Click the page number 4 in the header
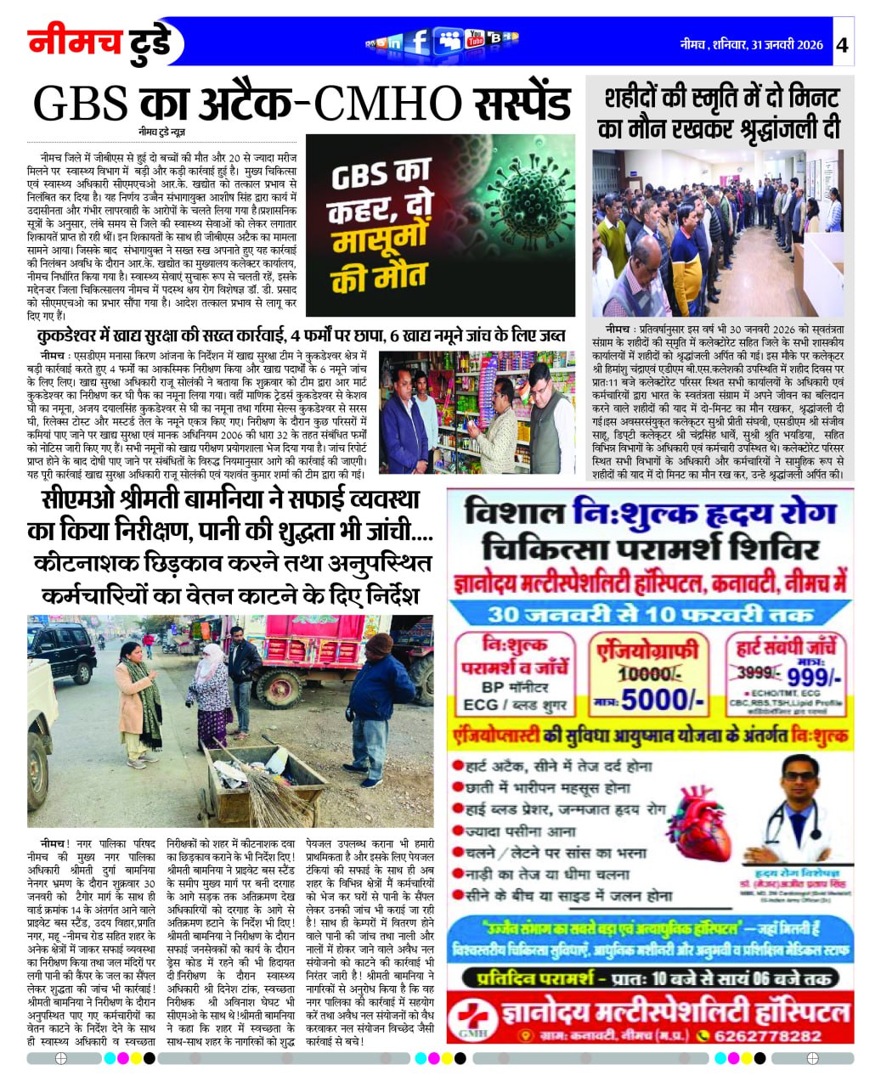[x=842, y=45]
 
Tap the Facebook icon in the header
[x=417, y=41]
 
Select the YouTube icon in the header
[x=475, y=38]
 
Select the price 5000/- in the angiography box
[x=663, y=701]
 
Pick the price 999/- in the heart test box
[x=813, y=677]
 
